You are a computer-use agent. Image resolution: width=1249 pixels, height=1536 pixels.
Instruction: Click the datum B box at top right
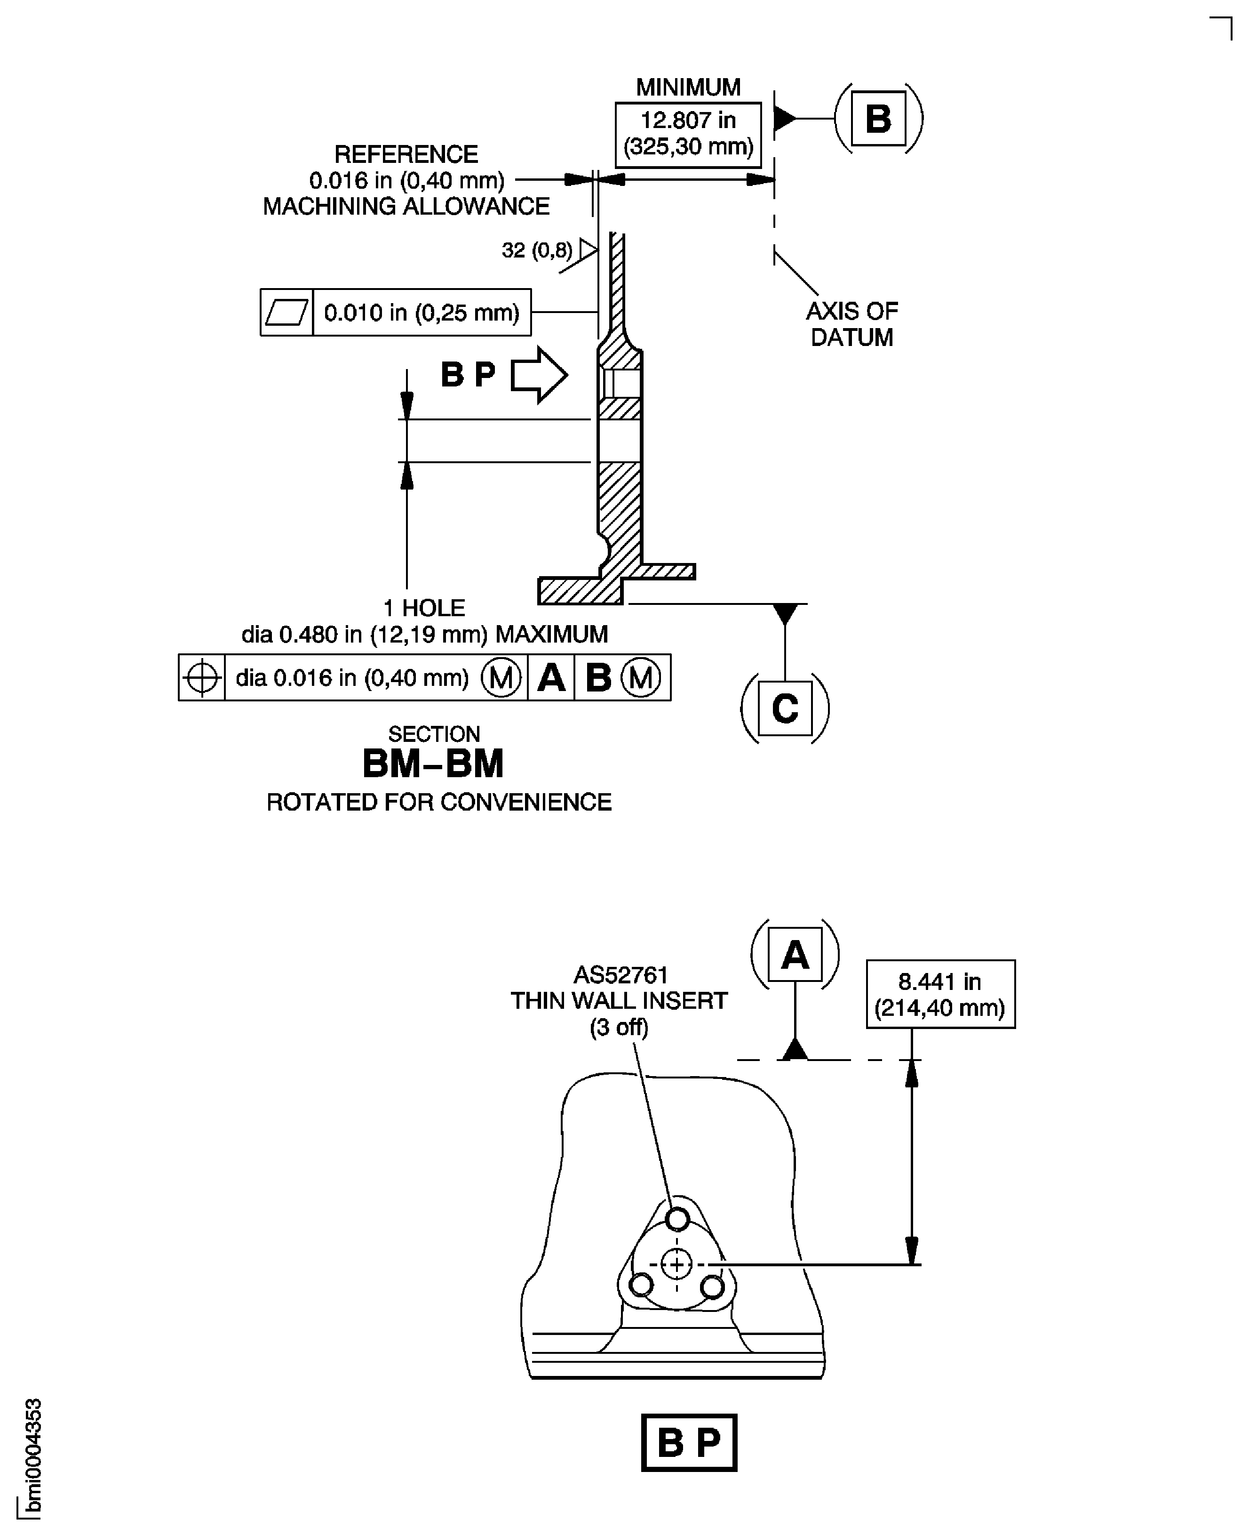878,119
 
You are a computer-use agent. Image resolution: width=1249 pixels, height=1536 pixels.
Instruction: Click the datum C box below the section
785,708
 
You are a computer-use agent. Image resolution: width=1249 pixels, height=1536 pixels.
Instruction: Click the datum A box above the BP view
795,955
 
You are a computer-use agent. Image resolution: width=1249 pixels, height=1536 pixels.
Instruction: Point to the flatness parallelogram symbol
286,313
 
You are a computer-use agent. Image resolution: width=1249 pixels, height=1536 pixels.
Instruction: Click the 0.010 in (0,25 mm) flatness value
422,313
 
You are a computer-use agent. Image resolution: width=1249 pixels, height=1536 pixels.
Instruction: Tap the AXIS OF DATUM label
852,324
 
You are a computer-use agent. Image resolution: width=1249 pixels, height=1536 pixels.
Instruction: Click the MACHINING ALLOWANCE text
406,207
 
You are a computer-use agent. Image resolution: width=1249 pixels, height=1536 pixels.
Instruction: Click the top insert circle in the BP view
677,1219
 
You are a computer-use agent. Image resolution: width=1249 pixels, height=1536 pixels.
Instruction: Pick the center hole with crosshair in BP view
676,1265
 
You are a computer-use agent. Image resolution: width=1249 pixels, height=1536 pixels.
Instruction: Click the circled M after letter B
640,678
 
